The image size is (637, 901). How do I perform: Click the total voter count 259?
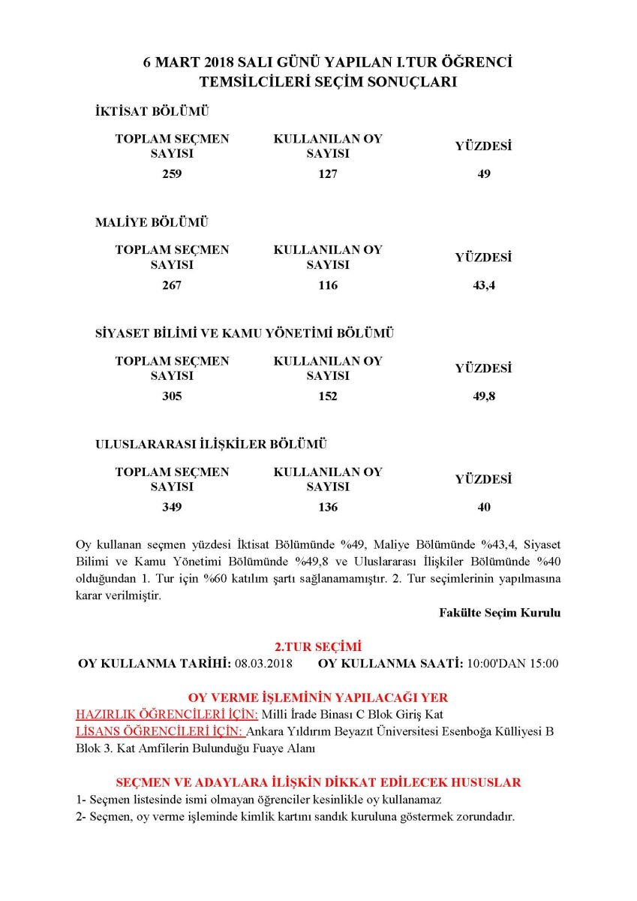(172, 174)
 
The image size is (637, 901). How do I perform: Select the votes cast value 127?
(328, 174)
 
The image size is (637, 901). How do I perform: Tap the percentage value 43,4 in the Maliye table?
(484, 285)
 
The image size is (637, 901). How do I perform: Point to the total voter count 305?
(172, 396)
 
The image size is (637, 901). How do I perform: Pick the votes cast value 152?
(328, 396)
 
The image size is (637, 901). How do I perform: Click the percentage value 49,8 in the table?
(484, 396)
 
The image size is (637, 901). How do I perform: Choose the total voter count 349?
(172, 508)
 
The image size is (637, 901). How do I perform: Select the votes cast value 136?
(328, 508)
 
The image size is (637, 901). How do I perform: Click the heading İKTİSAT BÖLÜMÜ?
(152, 112)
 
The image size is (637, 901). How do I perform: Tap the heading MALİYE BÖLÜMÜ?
(152, 223)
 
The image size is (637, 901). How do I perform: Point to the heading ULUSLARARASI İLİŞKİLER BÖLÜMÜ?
(212, 444)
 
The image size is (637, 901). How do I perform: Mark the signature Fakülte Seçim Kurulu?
(500, 613)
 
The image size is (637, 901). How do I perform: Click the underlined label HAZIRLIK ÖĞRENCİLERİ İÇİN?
(167, 715)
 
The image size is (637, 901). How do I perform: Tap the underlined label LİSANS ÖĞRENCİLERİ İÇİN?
(161, 732)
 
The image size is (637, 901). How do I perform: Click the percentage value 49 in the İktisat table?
(484, 174)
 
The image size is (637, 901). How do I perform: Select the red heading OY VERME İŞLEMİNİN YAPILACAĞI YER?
(318, 698)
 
